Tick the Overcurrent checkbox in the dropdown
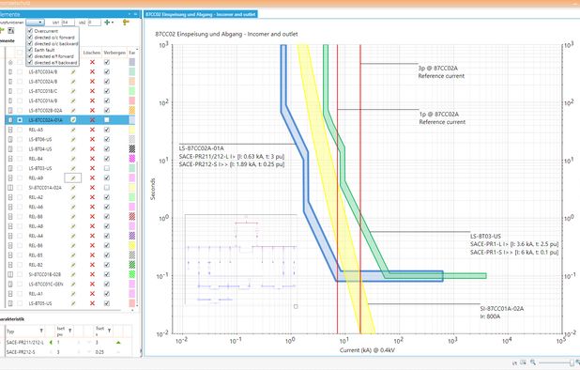pyautogui.click(x=30, y=31)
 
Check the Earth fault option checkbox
pyautogui.click(x=30, y=51)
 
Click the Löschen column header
pyautogui.click(x=91, y=53)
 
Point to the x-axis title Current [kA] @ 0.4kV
pyautogui.click(x=371, y=349)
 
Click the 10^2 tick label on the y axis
pyautogui.click(x=162, y=101)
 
